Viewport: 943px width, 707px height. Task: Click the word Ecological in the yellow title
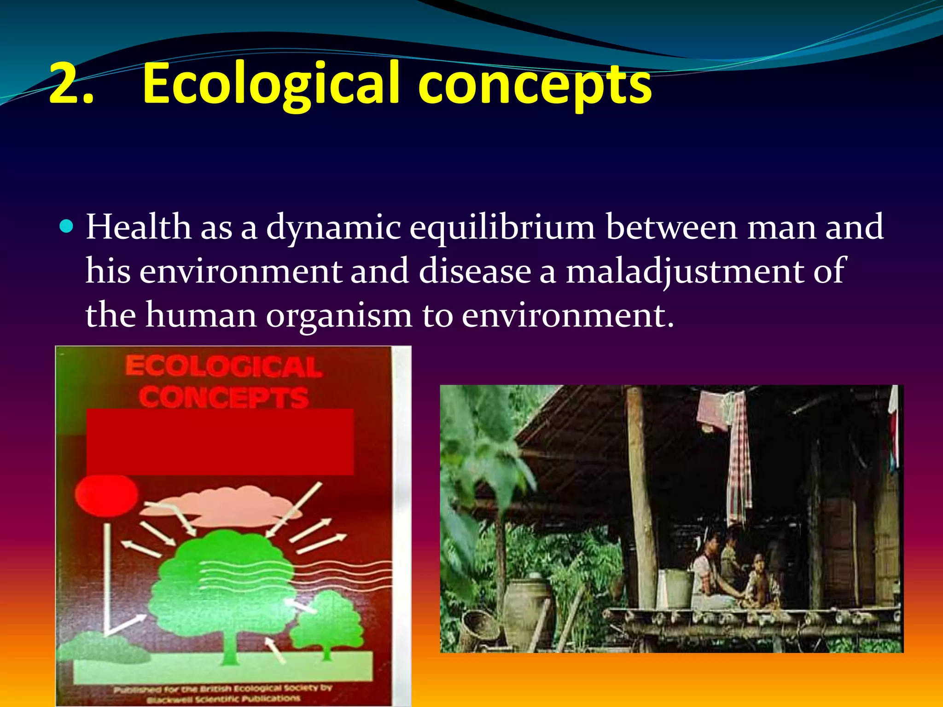(x=270, y=84)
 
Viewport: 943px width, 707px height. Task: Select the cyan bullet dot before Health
(x=67, y=226)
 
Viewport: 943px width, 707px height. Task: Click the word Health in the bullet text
(x=138, y=227)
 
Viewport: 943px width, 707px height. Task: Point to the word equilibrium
(x=502, y=228)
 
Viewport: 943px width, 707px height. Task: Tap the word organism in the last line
(x=339, y=316)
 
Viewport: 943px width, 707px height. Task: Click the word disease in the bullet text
(x=475, y=271)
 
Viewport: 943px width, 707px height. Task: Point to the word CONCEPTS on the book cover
(x=224, y=397)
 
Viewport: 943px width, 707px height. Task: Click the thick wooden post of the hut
(x=641, y=497)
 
